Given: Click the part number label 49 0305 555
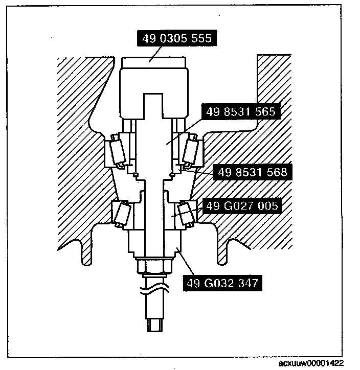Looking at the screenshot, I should click(174, 39).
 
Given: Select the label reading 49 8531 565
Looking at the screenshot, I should click(241, 112).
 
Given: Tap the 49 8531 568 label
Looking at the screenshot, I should click(251, 172).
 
